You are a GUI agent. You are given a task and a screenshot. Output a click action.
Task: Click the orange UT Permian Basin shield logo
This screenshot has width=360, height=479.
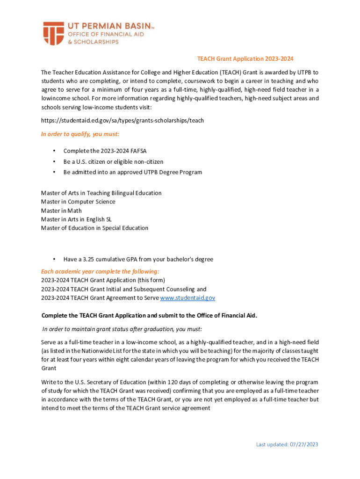pos(53,33)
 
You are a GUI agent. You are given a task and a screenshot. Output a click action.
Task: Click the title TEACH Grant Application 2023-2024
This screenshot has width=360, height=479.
pos(245,59)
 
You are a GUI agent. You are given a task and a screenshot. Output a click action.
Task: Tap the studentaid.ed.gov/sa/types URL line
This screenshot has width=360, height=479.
pos(122,120)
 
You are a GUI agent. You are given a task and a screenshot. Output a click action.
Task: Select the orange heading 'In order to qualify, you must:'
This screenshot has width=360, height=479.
pos(80,134)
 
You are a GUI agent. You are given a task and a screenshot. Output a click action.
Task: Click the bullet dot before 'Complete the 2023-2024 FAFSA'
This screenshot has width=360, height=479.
pos(54,151)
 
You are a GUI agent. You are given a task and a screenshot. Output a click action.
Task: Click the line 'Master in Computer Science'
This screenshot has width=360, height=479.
pos(78,202)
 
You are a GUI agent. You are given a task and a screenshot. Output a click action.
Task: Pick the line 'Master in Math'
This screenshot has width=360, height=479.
pos(61,210)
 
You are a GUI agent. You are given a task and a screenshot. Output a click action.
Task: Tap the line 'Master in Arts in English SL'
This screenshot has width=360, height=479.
pos(76,219)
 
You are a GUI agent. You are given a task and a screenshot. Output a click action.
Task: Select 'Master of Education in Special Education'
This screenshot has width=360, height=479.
pos(94,228)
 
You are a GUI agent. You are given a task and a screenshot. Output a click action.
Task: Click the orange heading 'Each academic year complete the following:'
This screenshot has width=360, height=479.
pos(100,271)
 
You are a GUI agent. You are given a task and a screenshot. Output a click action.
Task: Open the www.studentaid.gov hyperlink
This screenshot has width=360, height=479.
pos(187,298)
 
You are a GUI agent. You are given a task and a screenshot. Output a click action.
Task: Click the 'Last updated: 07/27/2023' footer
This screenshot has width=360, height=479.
pos(287,444)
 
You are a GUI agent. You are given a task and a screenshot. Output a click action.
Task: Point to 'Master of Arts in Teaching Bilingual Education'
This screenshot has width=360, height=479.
pos(101,193)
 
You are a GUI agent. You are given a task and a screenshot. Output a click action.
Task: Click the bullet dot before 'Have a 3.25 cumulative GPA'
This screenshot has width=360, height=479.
pos(54,259)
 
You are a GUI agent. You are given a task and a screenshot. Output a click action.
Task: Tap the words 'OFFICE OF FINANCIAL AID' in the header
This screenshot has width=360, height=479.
pos(94,35)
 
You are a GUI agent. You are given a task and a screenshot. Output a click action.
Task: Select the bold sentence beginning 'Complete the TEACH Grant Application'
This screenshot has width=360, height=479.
pos(149,315)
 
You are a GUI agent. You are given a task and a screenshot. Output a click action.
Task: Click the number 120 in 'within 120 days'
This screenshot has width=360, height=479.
pos(151,382)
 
